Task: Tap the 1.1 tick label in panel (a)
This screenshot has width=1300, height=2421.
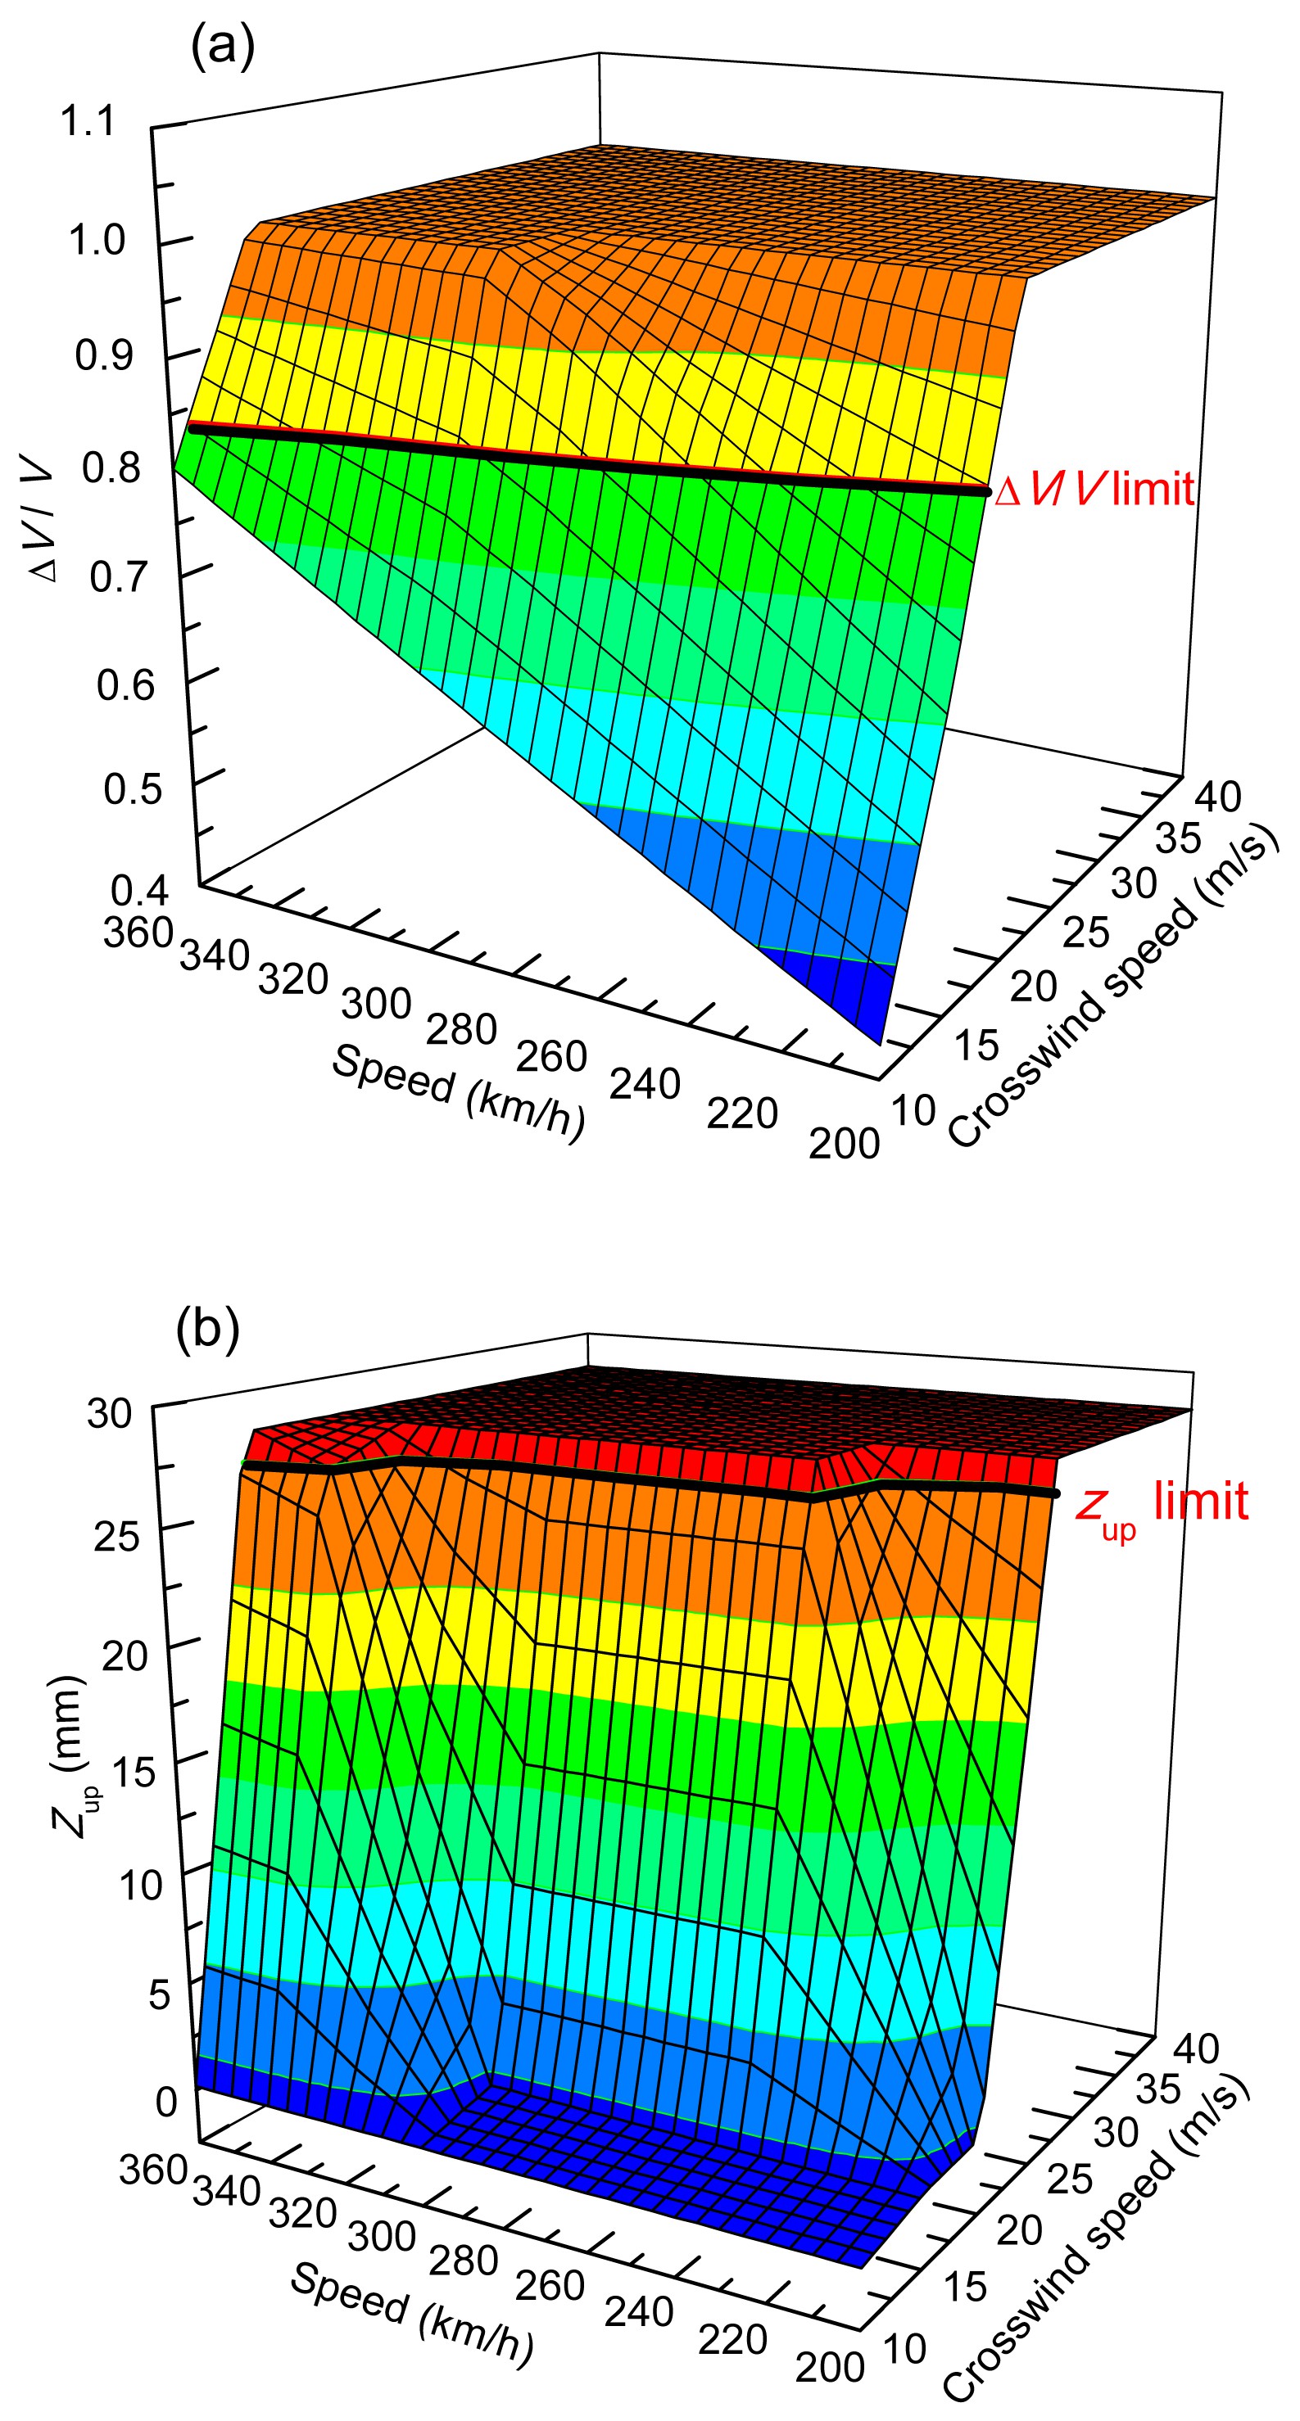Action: click(87, 122)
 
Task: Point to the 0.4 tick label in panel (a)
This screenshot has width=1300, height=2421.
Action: click(139, 889)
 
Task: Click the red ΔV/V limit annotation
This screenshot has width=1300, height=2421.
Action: click(1094, 490)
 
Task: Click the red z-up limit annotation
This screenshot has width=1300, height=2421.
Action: click(1162, 1502)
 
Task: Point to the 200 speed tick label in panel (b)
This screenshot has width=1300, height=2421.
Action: click(829, 2366)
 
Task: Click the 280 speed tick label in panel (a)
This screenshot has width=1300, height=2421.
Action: click(460, 1029)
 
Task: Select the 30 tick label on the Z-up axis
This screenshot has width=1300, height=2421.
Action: click(109, 1412)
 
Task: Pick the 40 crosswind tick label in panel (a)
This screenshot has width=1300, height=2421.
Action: click(1217, 796)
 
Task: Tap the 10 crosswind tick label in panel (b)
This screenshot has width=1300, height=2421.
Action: click(905, 2349)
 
